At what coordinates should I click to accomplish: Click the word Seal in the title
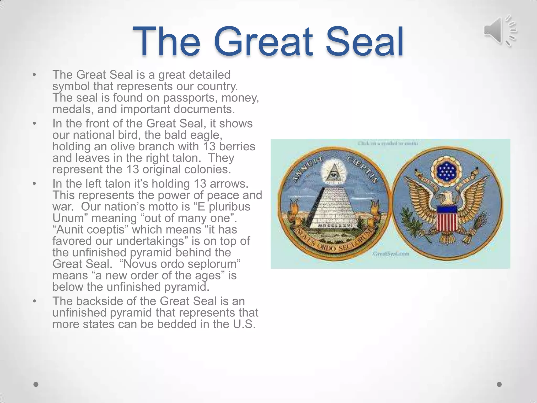tap(364, 42)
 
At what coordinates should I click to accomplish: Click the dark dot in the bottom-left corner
tap(36, 384)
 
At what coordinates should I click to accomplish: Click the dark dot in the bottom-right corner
tap(499, 384)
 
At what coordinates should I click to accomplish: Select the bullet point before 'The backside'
tap(34, 301)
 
